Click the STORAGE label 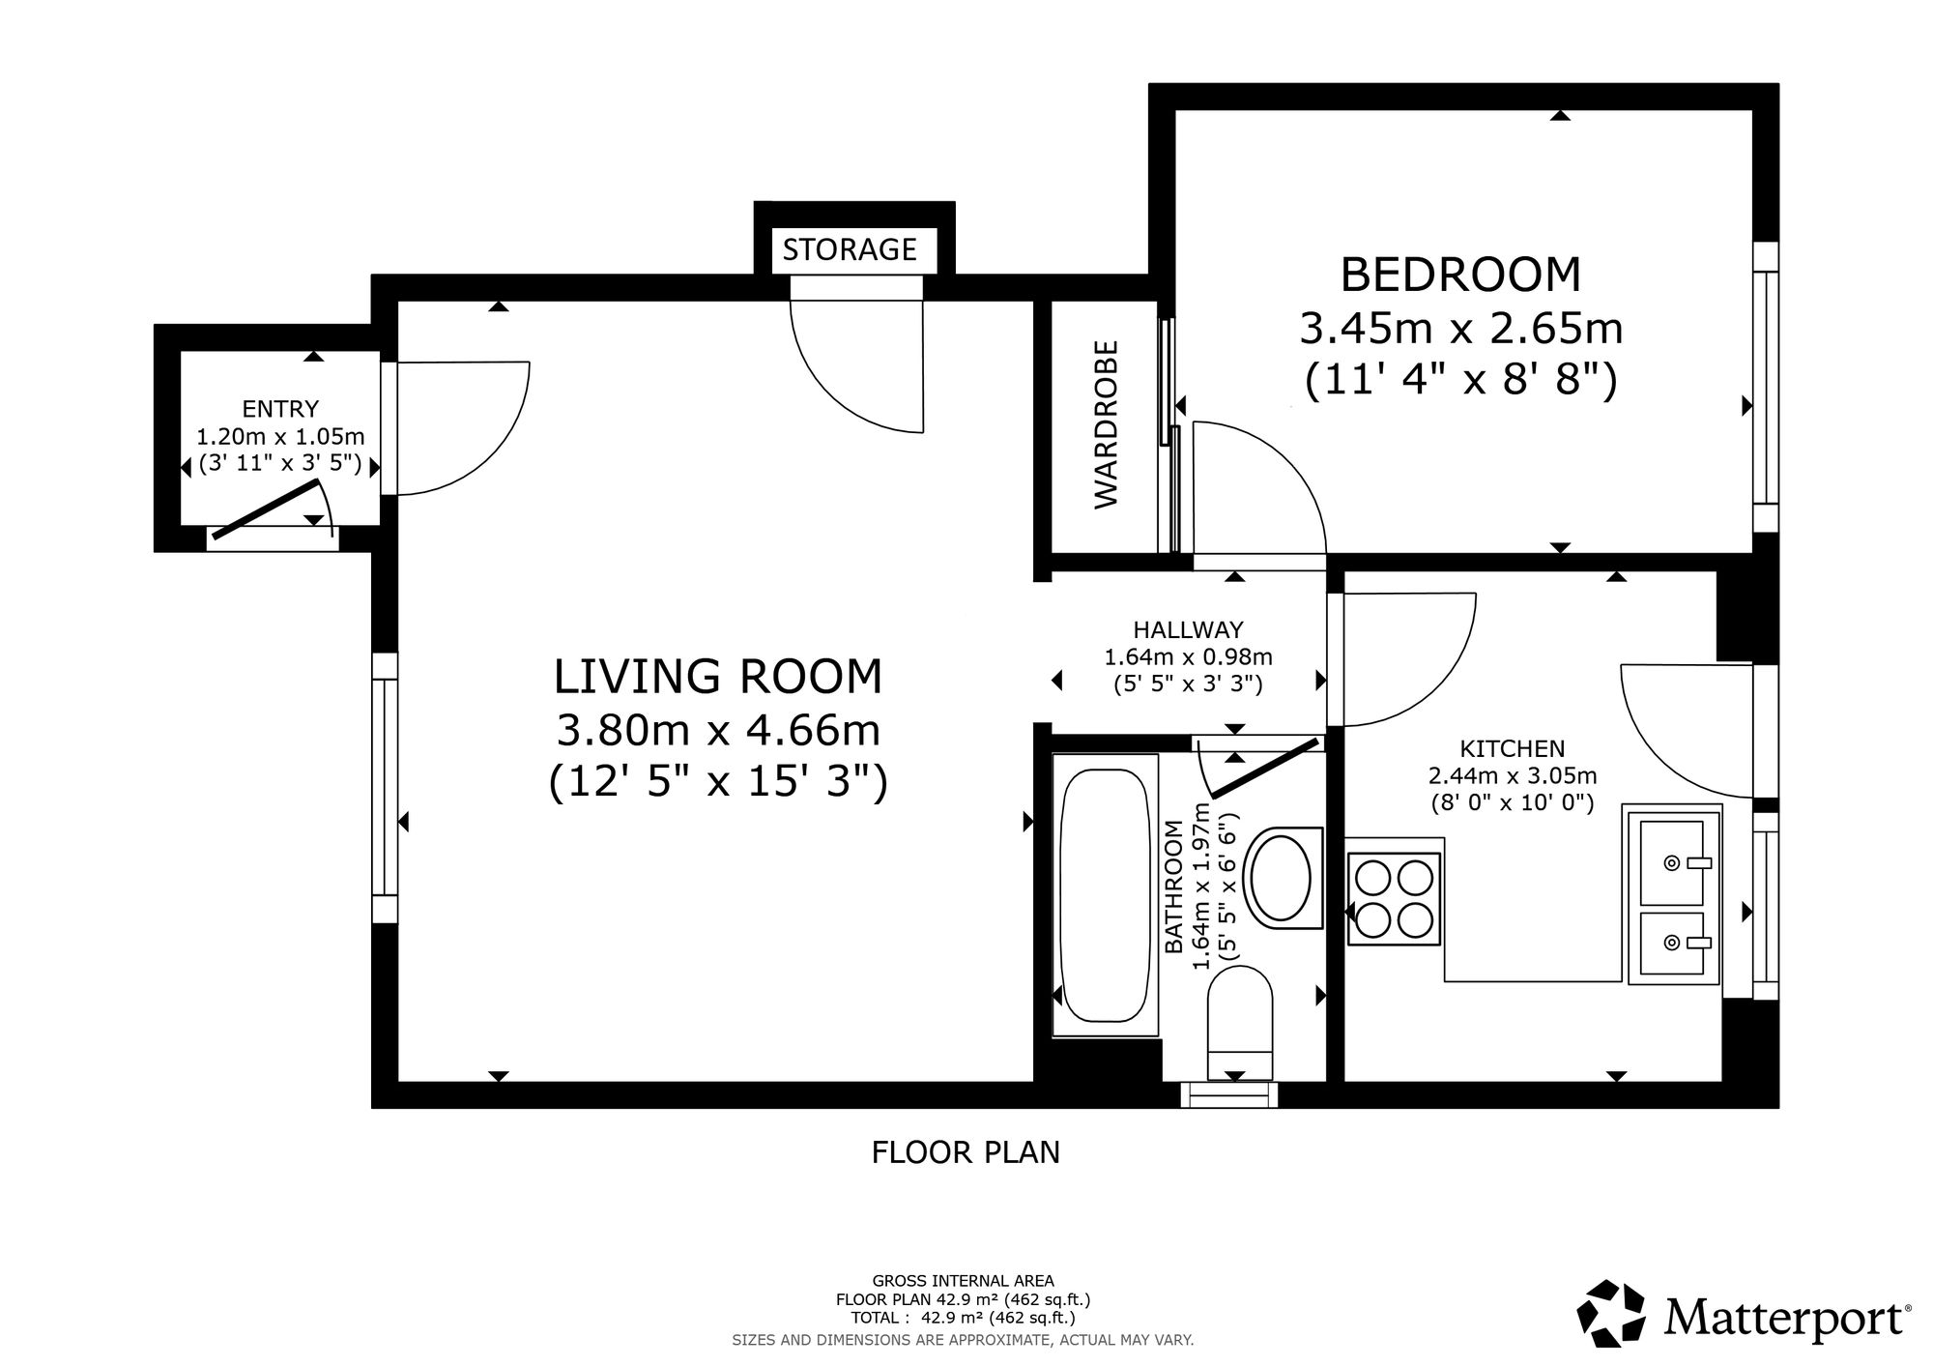[850, 249]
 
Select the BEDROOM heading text [1460, 275]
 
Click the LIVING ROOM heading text [718, 676]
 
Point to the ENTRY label [280, 409]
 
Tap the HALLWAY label [1188, 630]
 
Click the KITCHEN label [1513, 748]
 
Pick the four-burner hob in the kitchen [1393, 899]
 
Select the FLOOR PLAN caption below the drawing [966, 1152]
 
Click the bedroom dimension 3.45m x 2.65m [1460, 329]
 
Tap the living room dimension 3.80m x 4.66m [718, 730]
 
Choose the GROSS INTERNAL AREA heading [963, 1282]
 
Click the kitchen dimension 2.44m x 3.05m [1513, 775]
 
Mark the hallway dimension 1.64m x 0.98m [1188, 657]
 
